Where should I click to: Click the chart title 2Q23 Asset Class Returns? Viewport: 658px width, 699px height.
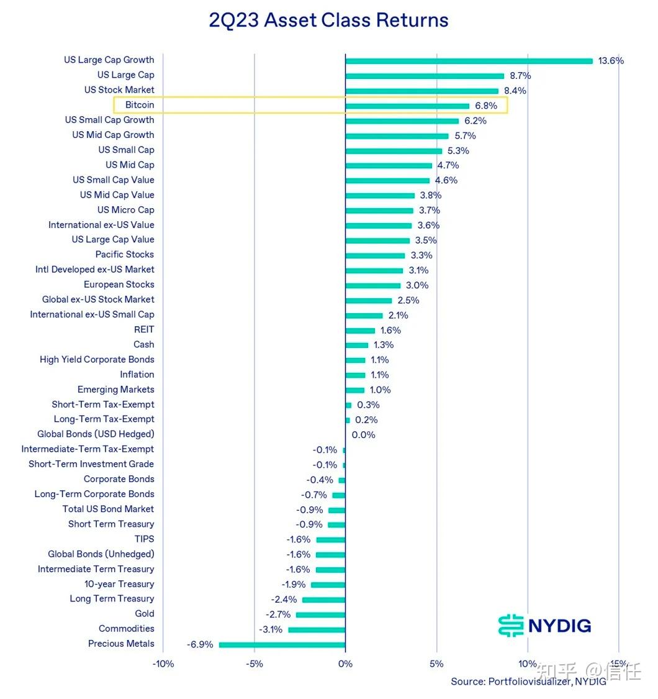(328, 20)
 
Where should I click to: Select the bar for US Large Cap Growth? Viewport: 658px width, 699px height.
(469, 61)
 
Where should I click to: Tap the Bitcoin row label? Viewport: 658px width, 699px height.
(140, 105)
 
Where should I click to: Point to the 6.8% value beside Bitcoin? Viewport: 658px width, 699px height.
(486, 106)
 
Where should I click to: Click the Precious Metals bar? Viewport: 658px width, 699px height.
(282, 644)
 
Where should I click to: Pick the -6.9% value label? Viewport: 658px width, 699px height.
(200, 644)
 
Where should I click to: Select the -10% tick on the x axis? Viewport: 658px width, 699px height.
(163, 664)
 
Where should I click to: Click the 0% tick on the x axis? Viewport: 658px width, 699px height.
(345, 664)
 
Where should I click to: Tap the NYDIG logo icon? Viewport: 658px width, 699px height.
(511, 625)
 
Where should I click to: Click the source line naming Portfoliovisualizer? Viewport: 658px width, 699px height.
(528, 682)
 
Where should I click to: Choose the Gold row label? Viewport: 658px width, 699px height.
(145, 614)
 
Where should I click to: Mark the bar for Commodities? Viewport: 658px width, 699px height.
(317, 629)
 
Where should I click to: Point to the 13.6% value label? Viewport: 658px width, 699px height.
(611, 61)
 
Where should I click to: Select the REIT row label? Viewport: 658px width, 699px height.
(144, 329)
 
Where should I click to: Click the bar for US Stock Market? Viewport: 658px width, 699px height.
(421, 91)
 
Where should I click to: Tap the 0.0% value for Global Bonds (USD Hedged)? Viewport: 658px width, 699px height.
(363, 435)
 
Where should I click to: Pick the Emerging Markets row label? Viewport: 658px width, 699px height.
(115, 390)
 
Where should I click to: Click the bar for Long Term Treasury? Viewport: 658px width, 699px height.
(323, 600)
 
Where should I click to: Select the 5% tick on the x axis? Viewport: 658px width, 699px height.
(436, 664)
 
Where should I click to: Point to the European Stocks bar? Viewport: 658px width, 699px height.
(372, 286)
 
